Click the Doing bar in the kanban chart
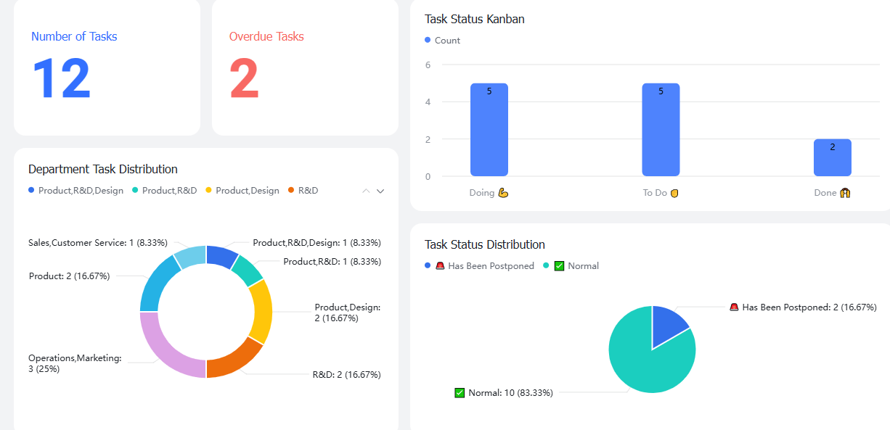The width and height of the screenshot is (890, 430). [489, 130]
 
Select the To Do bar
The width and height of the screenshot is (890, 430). [661, 130]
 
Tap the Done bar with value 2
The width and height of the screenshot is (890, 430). [833, 157]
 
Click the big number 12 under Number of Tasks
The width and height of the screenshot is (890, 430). [62, 78]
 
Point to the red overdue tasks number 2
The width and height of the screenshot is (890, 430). [244, 78]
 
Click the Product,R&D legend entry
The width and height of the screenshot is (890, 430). [165, 191]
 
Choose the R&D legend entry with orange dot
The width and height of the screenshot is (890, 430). [303, 191]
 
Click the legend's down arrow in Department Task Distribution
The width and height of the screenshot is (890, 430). [380, 191]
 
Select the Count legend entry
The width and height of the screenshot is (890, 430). [442, 40]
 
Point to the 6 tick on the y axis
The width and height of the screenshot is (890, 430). [428, 65]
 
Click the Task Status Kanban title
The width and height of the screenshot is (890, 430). [475, 19]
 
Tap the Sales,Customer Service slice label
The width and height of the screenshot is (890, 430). [98, 243]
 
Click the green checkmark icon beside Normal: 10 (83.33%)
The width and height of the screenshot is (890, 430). [460, 393]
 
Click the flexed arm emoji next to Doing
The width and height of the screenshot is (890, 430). [503, 193]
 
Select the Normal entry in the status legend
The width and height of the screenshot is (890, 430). [571, 265]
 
